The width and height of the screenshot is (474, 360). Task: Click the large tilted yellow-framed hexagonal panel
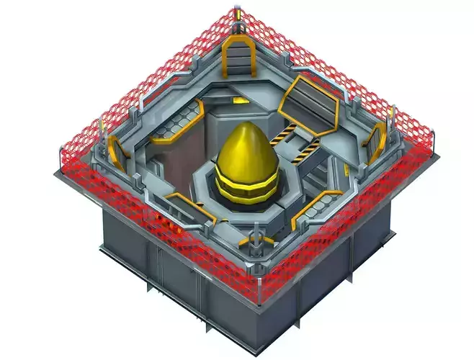tap(308, 107)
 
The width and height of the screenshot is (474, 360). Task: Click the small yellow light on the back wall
tap(241, 102)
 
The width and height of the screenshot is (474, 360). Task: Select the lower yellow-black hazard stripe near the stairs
tap(308, 149)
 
